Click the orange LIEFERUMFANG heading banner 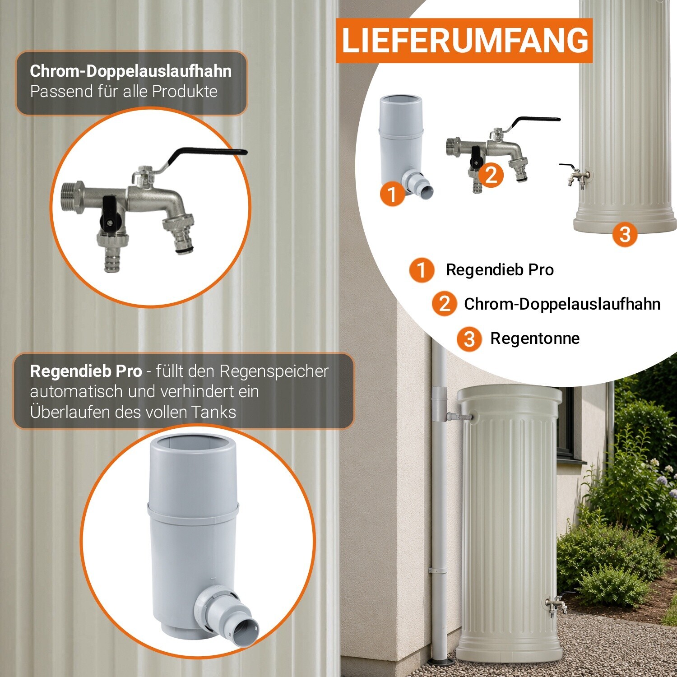[464, 41]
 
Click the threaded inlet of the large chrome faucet [72, 199]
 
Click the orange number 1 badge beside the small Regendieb [393, 194]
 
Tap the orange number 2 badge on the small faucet [492, 175]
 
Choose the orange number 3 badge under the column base [625, 234]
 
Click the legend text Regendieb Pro [500, 270]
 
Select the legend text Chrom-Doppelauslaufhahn [562, 304]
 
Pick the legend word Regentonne [535, 338]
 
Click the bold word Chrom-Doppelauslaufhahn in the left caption [131, 71]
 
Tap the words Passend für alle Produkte [124, 92]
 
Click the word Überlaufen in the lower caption [70, 412]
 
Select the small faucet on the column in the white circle [575, 174]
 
